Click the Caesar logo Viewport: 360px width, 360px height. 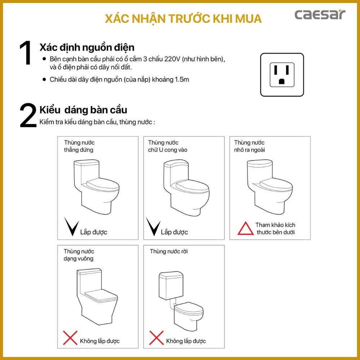point(320,14)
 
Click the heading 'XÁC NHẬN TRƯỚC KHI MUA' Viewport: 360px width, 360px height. point(183,19)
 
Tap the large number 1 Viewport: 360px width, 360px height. point(26,53)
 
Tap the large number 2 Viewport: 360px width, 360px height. point(28,115)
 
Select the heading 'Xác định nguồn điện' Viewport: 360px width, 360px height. point(87,48)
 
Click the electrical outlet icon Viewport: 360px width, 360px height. point(282,75)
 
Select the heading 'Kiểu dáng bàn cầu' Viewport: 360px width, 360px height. point(83,110)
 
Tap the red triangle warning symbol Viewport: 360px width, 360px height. point(246,228)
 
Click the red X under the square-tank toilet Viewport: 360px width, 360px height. point(70,338)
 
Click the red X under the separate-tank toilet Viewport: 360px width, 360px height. point(156,338)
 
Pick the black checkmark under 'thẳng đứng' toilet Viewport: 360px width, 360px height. point(71,226)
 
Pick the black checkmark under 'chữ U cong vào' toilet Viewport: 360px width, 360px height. point(153,226)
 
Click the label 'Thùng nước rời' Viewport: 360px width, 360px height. point(169,251)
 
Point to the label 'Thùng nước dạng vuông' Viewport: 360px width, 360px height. point(79,255)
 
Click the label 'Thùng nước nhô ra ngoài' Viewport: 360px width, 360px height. point(249,146)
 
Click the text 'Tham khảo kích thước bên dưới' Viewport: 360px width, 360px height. point(275,229)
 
